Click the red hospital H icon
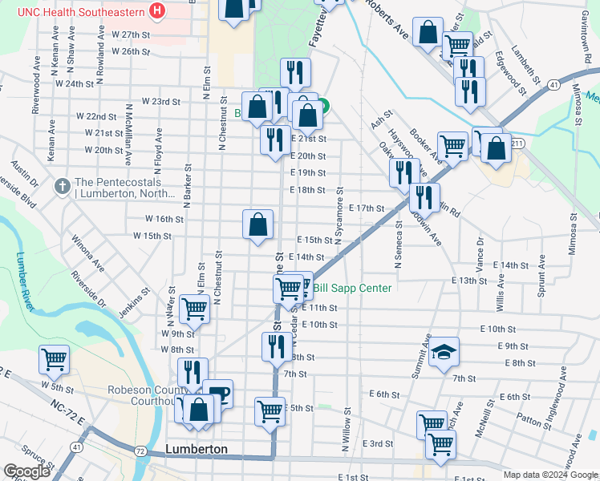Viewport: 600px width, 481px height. pyautogui.click(x=157, y=11)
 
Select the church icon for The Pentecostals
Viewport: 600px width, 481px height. pyautogui.click(x=62, y=186)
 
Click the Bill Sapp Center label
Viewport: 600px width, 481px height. pyautogui.click(x=352, y=289)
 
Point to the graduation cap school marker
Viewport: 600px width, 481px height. pyautogui.click(x=444, y=352)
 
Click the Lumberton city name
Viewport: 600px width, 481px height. pyautogui.click(x=197, y=449)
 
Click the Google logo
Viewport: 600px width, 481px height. pyautogui.click(x=26, y=471)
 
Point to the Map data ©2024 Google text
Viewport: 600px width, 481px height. pyautogui.click(x=549, y=475)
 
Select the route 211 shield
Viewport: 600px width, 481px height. pyautogui.click(x=518, y=143)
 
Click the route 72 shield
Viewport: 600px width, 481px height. pyautogui.click(x=141, y=452)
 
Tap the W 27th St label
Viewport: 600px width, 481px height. pyautogui.click(x=132, y=35)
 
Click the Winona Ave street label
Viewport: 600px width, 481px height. pyautogui.click(x=87, y=251)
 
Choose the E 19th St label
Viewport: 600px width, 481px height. pyautogui.click(x=308, y=173)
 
